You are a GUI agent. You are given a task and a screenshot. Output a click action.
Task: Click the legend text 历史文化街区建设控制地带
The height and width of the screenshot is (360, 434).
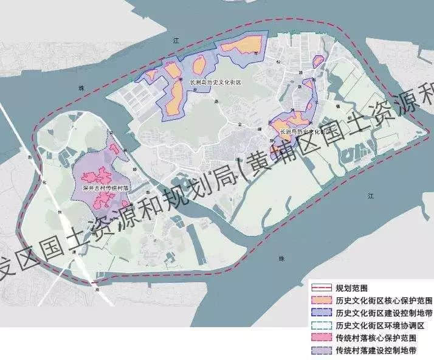384,313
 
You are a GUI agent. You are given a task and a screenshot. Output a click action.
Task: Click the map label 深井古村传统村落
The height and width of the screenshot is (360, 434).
106,189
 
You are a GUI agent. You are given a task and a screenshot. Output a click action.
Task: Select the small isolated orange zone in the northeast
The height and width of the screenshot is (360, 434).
317,60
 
